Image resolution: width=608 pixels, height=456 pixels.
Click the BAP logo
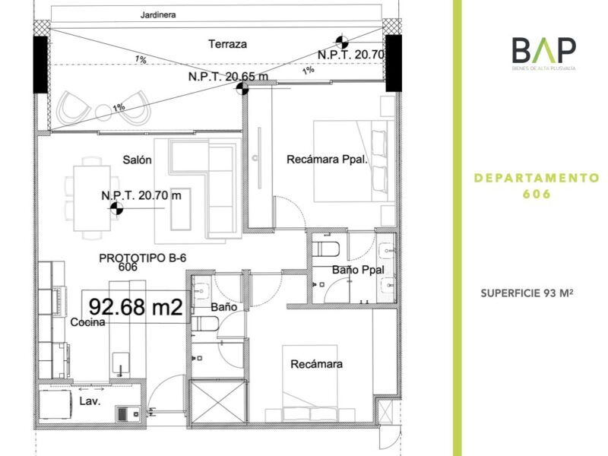tap(543, 53)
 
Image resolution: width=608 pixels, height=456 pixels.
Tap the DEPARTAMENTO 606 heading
tap(537, 185)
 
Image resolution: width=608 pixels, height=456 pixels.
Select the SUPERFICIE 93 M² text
tap(527, 293)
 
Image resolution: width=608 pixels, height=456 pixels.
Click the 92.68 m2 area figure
tap(135, 307)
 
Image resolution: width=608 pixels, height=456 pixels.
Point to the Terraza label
tap(227, 44)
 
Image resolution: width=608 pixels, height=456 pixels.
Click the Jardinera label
tap(158, 14)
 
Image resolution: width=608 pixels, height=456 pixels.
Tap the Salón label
tap(137, 160)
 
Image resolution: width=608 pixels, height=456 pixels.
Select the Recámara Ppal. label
tap(327, 160)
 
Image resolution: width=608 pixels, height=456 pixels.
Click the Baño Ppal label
tap(358, 270)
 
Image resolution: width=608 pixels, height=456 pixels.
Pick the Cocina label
tap(87, 321)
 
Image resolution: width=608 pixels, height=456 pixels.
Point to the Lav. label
tap(90, 401)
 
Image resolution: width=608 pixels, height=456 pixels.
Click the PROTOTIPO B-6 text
tap(143, 258)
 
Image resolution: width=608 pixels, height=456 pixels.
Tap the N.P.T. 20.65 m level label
tap(228, 77)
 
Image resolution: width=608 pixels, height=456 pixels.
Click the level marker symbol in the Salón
tap(116, 208)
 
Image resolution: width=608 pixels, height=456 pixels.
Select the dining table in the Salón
tap(91, 198)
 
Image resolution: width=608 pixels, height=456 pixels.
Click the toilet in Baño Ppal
tap(326, 249)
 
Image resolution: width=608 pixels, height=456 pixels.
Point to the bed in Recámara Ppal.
tap(353, 161)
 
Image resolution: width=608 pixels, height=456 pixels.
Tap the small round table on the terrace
tap(103, 112)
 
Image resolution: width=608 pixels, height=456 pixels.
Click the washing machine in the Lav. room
tap(55, 404)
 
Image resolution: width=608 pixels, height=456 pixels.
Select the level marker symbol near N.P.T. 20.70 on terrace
tap(341, 41)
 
